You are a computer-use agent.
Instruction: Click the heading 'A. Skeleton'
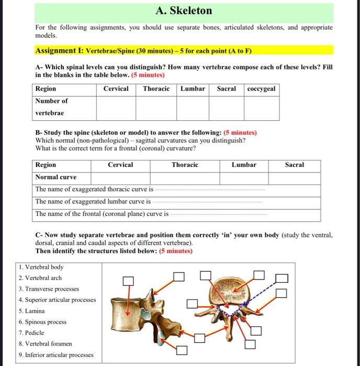[x=184, y=11]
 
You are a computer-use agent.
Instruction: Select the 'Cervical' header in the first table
[x=116, y=89]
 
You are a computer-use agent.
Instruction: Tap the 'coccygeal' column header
[x=261, y=89]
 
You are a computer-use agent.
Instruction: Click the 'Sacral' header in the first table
[x=226, y=89]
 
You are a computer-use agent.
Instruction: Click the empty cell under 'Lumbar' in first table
[x=193, y=107]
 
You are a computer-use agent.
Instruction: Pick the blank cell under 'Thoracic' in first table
[x=156, y=107]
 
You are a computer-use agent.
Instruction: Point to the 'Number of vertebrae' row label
[x=51, y=107]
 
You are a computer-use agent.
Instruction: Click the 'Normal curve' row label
[x=55, y=177]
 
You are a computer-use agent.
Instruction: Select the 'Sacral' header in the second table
[x=294, y=165]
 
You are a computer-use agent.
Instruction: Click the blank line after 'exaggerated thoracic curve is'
[x=210, y=190]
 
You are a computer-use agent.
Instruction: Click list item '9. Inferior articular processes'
[x=55, y=355]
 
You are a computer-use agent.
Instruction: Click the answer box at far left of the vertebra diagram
[x=128, y=281]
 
